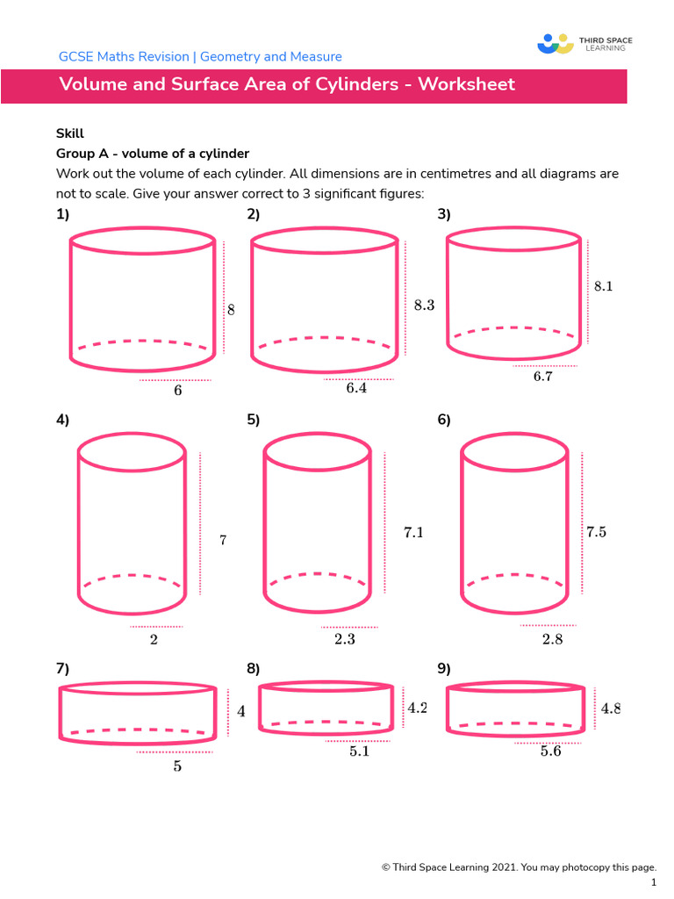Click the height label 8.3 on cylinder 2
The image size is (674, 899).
pos(424,306)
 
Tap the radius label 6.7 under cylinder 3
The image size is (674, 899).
pos(543,377)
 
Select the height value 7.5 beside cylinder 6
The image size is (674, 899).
pos(596,531)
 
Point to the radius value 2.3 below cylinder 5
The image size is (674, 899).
pos(345,640)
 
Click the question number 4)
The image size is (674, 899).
pos(62,420)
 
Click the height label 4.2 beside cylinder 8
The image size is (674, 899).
pos(417,708)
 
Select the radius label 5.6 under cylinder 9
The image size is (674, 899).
pos(550,752)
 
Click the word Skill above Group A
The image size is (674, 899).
pos(69,133)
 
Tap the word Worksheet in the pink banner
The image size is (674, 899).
pos(466,85)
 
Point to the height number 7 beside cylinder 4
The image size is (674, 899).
pos(223,541)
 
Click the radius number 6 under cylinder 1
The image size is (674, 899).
pos(178,391)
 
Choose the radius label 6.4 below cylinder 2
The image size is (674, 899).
pos(355,388)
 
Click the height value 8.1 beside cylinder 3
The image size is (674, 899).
pos(603,286)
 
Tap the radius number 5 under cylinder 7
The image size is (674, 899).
pos(177,766)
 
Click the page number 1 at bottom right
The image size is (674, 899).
pos(653,881)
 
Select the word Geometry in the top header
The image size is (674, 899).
pos(231,57)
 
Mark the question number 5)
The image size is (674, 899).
pos(254,420)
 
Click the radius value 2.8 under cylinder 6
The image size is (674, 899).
pos(552,640)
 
